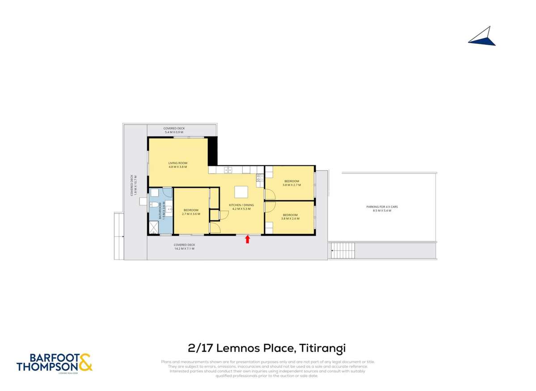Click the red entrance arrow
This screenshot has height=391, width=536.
click(247, 240)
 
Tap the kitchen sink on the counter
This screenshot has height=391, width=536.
click(228, 170)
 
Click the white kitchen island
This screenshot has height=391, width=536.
click(241, 192)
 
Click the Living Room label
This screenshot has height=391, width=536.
click(177, 163)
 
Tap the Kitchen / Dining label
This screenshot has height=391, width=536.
click(241, 205)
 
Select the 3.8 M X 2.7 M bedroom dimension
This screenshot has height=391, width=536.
click(291, 185)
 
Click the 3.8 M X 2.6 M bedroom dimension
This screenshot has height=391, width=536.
click(290, 219)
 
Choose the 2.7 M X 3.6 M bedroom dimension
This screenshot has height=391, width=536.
click(191, 214)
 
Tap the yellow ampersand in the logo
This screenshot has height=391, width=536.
click(85, 362)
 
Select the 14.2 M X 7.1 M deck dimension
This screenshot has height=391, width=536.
click(185, 248)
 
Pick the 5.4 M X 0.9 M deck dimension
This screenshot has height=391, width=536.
click(174, 132)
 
